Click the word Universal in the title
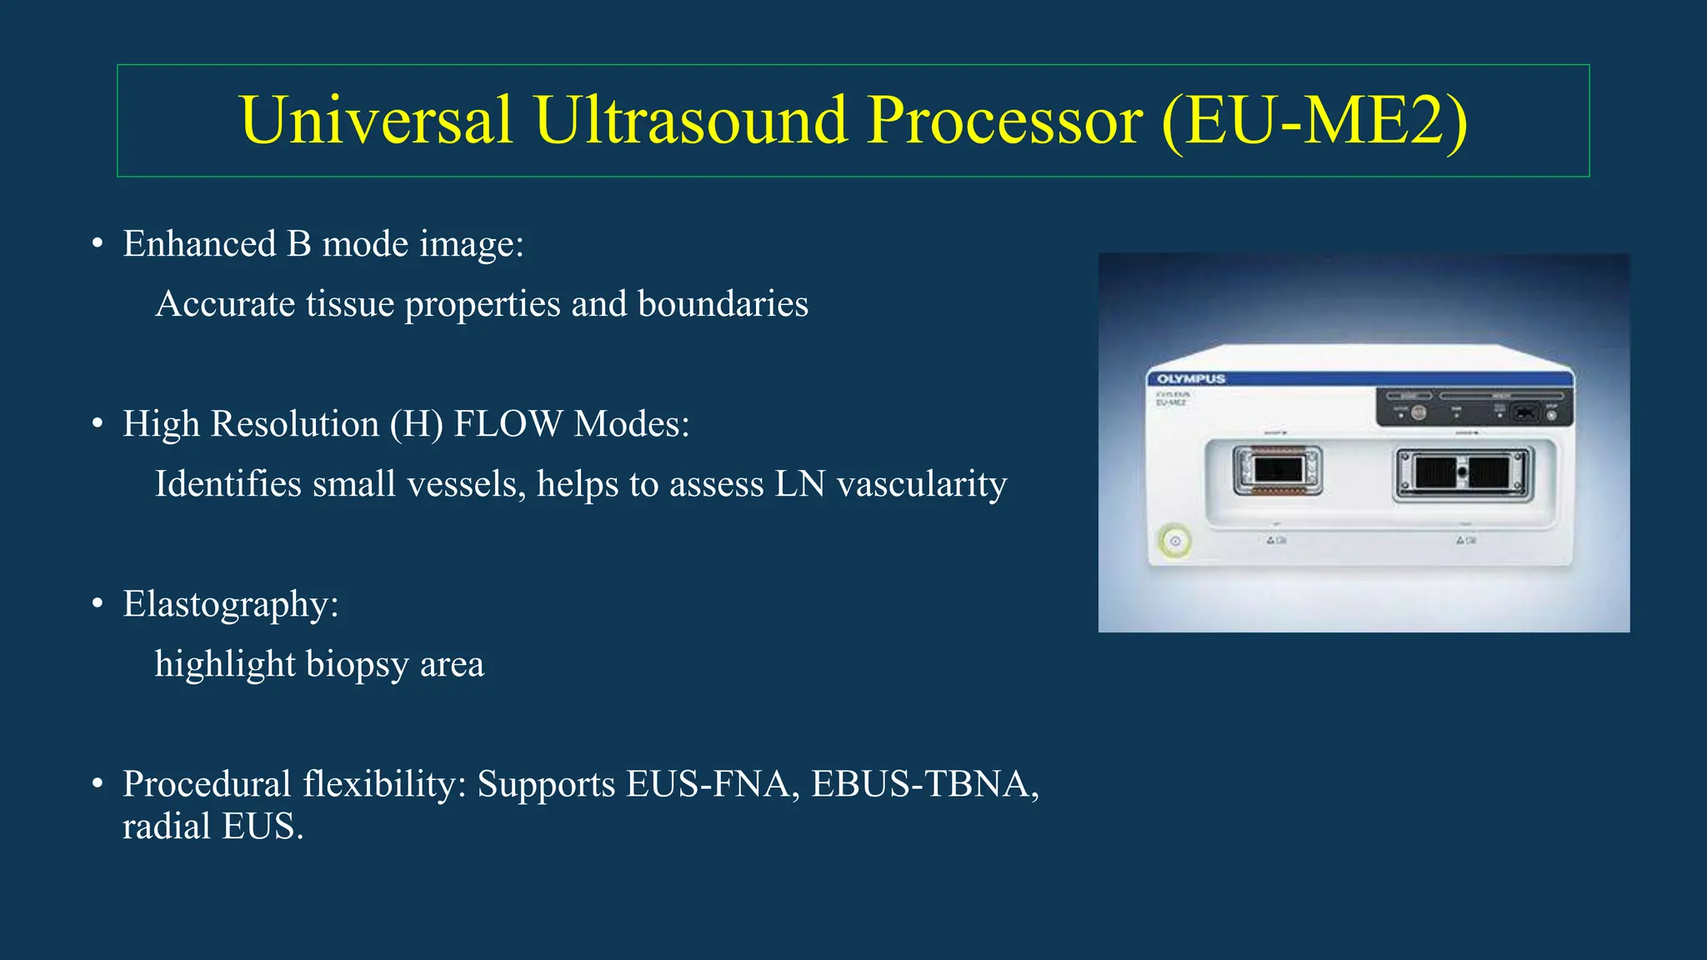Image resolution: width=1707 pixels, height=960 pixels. click(x=375, y=120)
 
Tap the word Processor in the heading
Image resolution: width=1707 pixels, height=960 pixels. click(x=1004, y=122)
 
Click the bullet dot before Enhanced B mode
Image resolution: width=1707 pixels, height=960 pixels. click(x=98, y=244)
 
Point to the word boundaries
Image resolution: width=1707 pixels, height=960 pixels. click(x=723, y=304)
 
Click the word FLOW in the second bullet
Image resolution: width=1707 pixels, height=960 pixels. click(x=508, y=424)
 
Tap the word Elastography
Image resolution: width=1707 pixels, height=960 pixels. click(x=230, y=604)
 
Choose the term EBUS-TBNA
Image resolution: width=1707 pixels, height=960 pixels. click(x=924, y=784)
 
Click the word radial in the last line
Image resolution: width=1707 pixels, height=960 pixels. click(x=167, y=827)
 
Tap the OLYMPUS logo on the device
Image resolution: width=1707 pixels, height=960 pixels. click(x=1191, y=379)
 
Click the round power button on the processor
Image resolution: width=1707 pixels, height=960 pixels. click(x=1175, y=542)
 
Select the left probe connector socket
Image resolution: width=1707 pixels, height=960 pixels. click(x=1277, y=471)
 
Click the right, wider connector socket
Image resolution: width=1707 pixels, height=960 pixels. click(x=1463, y=474)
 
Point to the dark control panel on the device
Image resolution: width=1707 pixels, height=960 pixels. click(x=1473, y=407)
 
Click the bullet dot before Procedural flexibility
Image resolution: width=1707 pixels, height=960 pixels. click(x=98, y=784)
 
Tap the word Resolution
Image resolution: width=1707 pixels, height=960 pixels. click(x=295, y=424)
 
